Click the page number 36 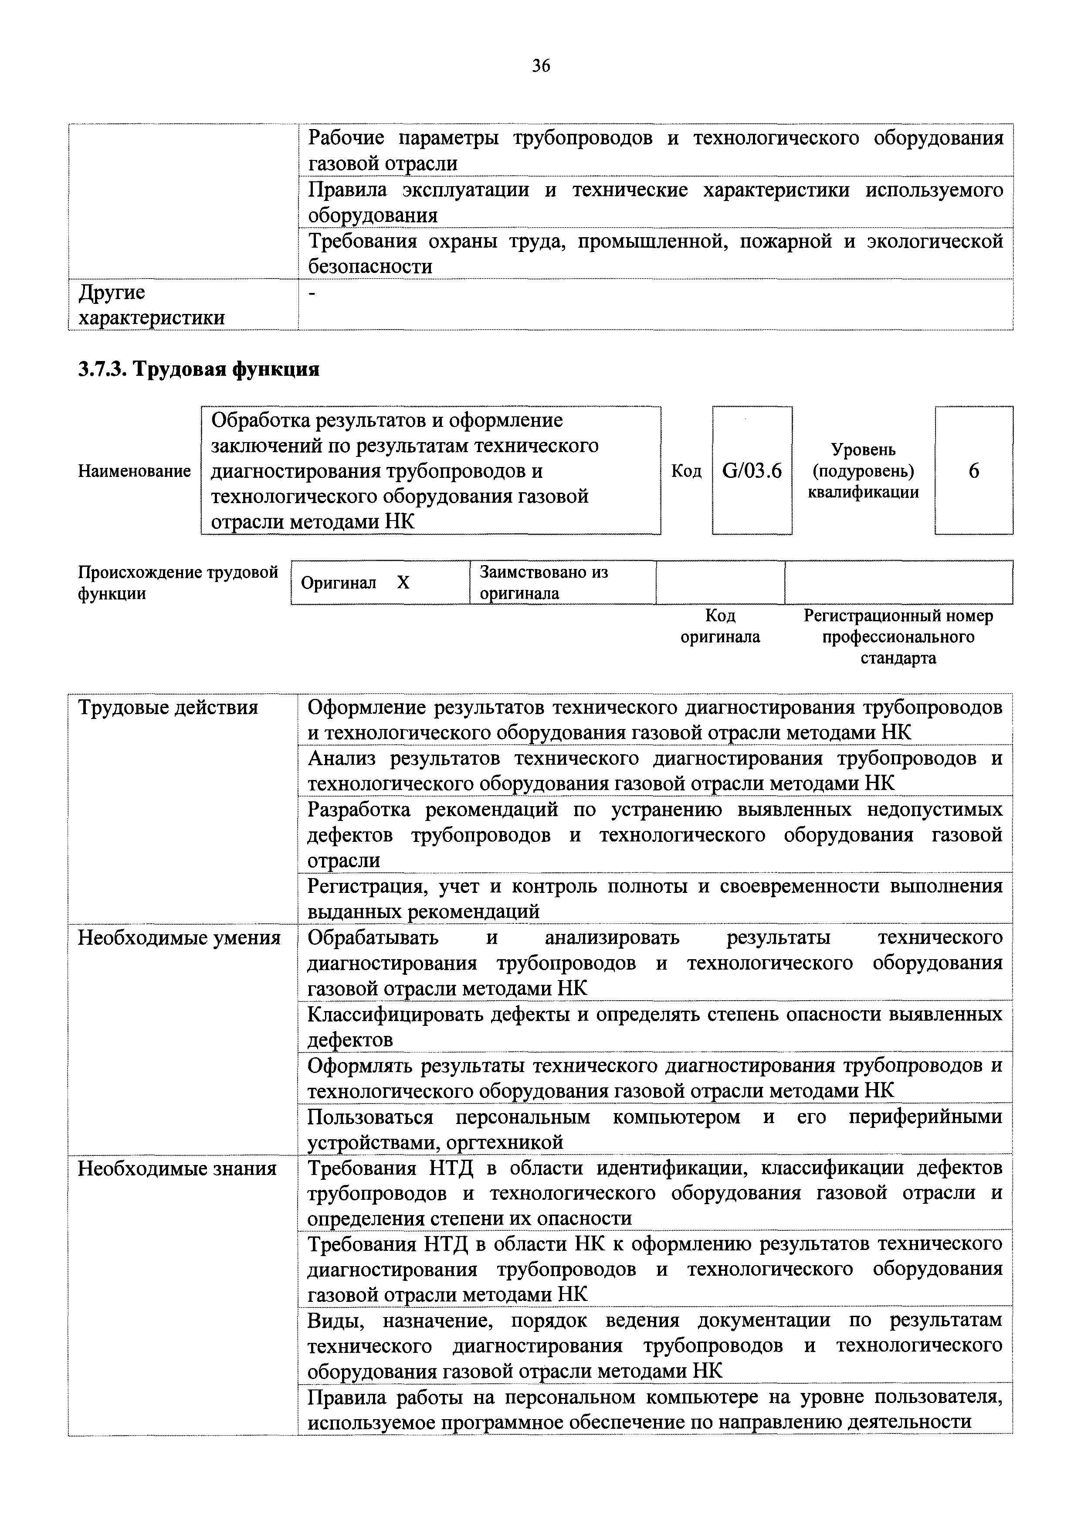click(540, 65)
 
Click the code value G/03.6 click(752, 471)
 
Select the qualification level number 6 click(973, 471)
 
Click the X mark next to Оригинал click(403, 583)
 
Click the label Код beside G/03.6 click(686, 471)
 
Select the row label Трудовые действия click(168, 707)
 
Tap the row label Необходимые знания click(177, 1168)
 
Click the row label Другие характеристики click(151, 305)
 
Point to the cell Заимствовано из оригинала click(544, 583)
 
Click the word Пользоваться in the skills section click(370, 1117)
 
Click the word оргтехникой click(504, 1142)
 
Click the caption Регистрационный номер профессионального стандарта click(898, 637)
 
